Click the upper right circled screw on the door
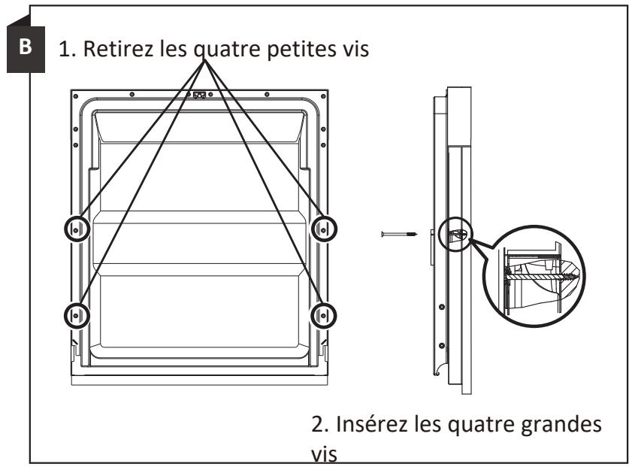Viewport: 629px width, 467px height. coord(323,229)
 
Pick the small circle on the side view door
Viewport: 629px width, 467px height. coord(456,234)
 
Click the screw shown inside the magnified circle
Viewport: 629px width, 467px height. coord(541,277)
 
